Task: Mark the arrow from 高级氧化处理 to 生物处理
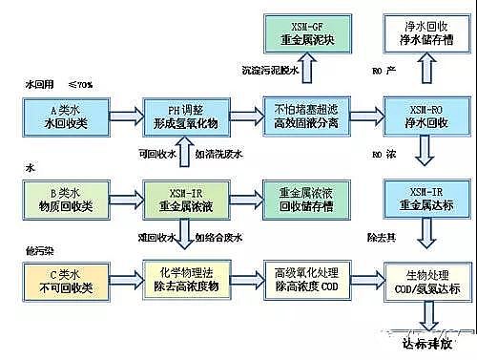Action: click(361, 281)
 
